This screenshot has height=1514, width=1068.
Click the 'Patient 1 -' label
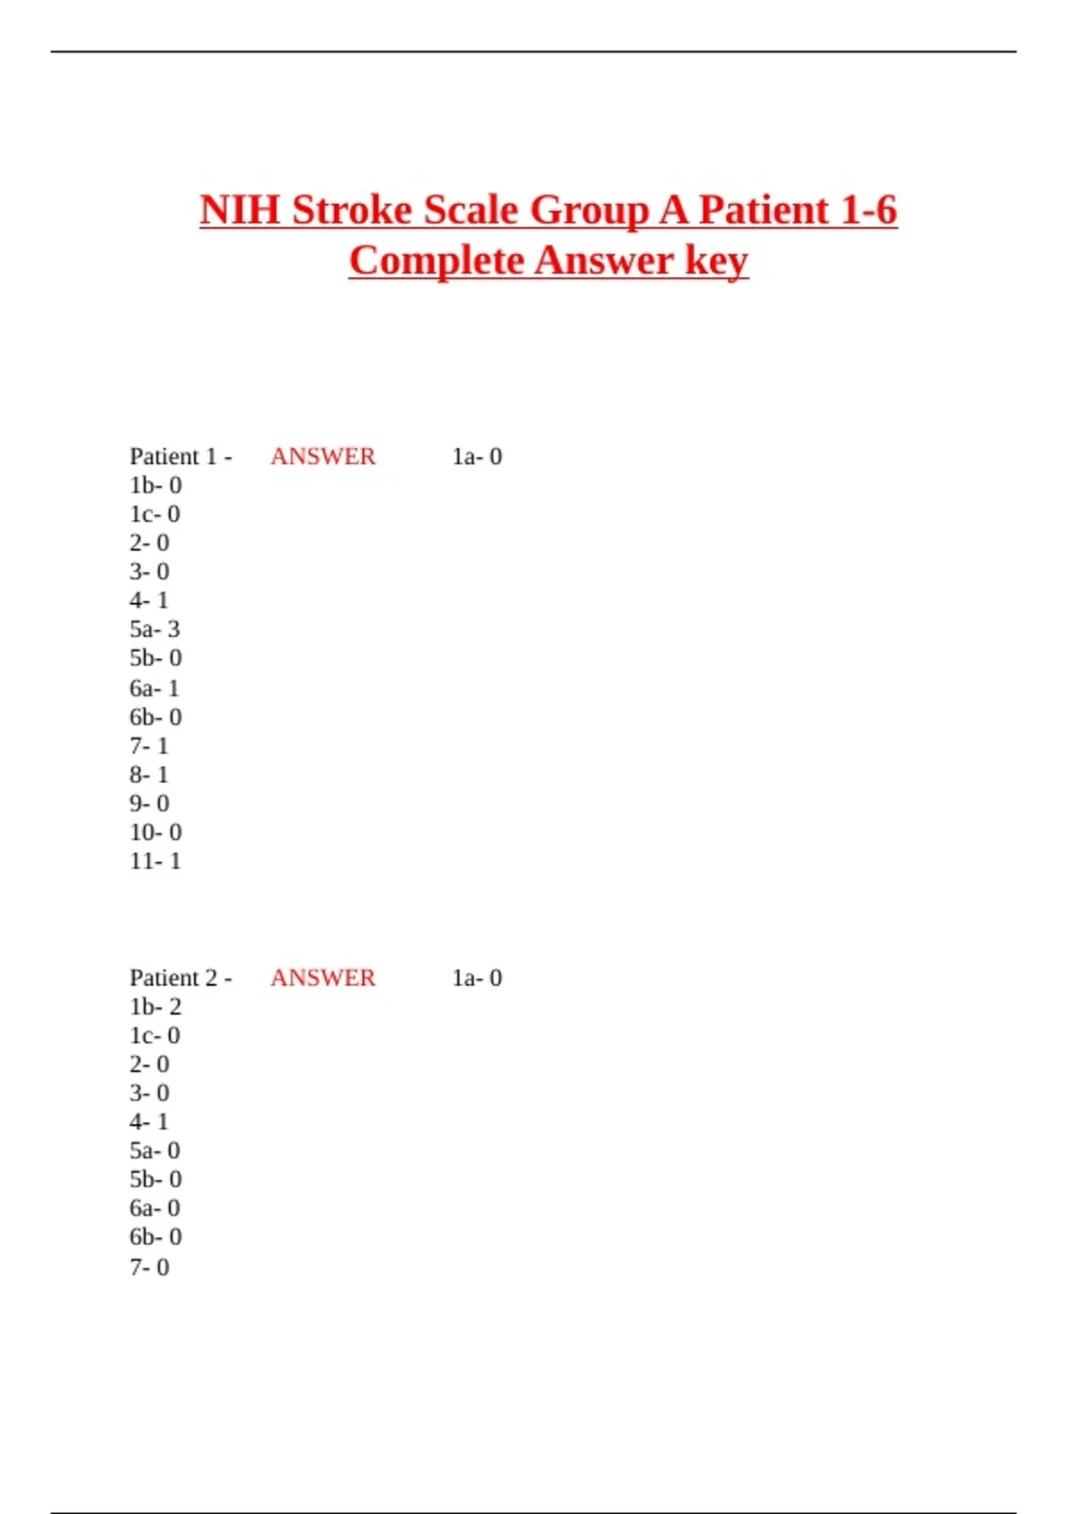pos(181,457)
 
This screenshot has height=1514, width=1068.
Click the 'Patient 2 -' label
pos(181,978)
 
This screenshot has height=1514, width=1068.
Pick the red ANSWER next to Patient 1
pos(323,457)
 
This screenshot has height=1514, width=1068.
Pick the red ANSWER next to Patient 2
pos(323,978)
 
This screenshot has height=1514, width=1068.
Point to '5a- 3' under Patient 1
pos(155,630)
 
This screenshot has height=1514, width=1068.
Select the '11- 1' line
pos(155,861)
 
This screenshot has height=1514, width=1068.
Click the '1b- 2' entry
pos(155,1007)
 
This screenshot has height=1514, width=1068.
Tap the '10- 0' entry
pos(155,833)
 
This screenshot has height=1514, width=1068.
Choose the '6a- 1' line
pos(155,688)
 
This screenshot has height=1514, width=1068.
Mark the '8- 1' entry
pos(149,775)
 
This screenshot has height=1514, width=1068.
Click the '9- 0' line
pos(149,803)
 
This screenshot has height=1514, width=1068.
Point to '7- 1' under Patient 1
pos(149,746)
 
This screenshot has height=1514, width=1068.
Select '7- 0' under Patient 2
pos(149,1267)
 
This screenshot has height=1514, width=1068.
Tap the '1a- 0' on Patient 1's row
pos(477,457)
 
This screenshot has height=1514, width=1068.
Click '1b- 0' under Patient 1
pos(155,485)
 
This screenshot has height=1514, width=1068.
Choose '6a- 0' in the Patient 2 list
pos(155,1209)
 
